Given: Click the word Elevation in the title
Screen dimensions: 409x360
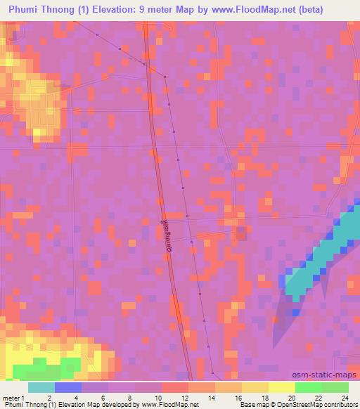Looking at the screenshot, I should pyautogui.click(x=115, y=8).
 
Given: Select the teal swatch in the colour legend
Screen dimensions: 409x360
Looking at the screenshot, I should pyautogui.click(x=41, y=387).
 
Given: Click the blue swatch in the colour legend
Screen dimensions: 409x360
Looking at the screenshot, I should pyautogui.click(x=68, y=387).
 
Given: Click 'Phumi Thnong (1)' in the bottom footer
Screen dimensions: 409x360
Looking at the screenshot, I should pyautogui.click(x=26, y=404).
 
